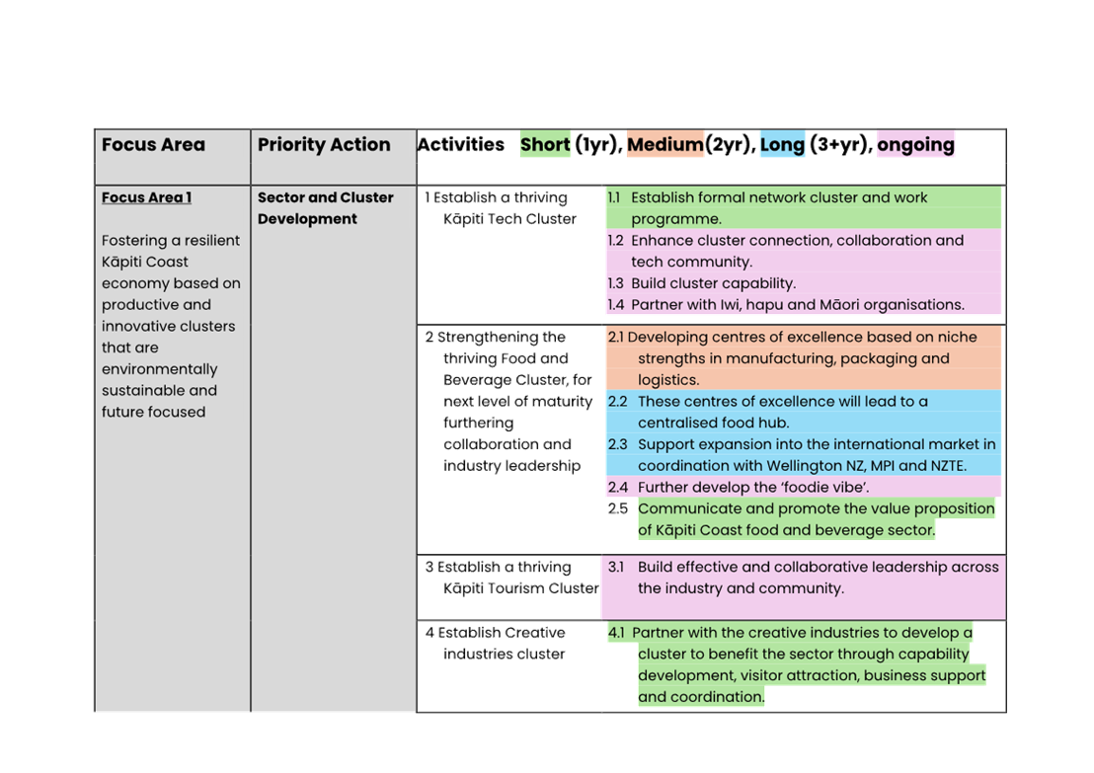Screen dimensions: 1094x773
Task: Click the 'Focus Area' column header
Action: click(153, 144)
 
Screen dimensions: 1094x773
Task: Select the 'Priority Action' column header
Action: click(324, 144)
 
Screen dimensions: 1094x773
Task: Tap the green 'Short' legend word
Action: click(545, 144)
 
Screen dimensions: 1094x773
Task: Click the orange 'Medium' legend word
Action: click(664, 144)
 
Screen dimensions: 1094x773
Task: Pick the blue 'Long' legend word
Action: click(782, 144)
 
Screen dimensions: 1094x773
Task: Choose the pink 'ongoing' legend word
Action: click(915, 145)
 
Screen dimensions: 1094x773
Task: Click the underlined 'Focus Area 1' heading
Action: click(146, 197)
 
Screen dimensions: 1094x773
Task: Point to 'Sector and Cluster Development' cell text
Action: click(325, 208)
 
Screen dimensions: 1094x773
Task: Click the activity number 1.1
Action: click(614, 197)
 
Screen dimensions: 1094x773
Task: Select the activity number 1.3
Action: click(615, 283)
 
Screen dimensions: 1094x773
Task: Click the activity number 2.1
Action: click(616, 337)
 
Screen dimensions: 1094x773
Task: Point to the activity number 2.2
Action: click(617, 402)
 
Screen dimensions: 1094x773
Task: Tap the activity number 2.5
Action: click(617, 508)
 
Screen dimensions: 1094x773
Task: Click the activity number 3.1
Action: click(615, 568)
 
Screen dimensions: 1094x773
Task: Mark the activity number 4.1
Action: click(616, 633)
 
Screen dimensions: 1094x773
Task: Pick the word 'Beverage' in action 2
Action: click(478, 380)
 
